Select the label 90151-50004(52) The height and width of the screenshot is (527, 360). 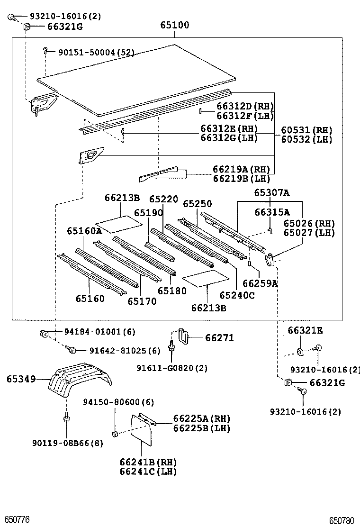(x=96, y=52)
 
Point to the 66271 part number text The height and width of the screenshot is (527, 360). (x=219, y=338)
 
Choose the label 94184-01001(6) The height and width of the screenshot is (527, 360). (x=99, y=332)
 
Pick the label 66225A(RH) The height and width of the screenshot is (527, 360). (x=201, y=418)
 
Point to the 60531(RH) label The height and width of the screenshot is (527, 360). (x=306, y=130)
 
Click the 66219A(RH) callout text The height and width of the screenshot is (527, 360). (x=241, y=169)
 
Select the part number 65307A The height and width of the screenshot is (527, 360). (x=271, y=192)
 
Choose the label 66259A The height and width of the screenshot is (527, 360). (x=260, y=283)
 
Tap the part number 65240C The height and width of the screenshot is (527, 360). (x=236, y=295)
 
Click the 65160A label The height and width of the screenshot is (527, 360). (x=84, y=231)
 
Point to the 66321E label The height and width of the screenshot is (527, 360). (x=305, y=330)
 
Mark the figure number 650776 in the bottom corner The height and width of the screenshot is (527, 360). (x=17, y=520)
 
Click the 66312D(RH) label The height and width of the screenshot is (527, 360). (x=245, y=106)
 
